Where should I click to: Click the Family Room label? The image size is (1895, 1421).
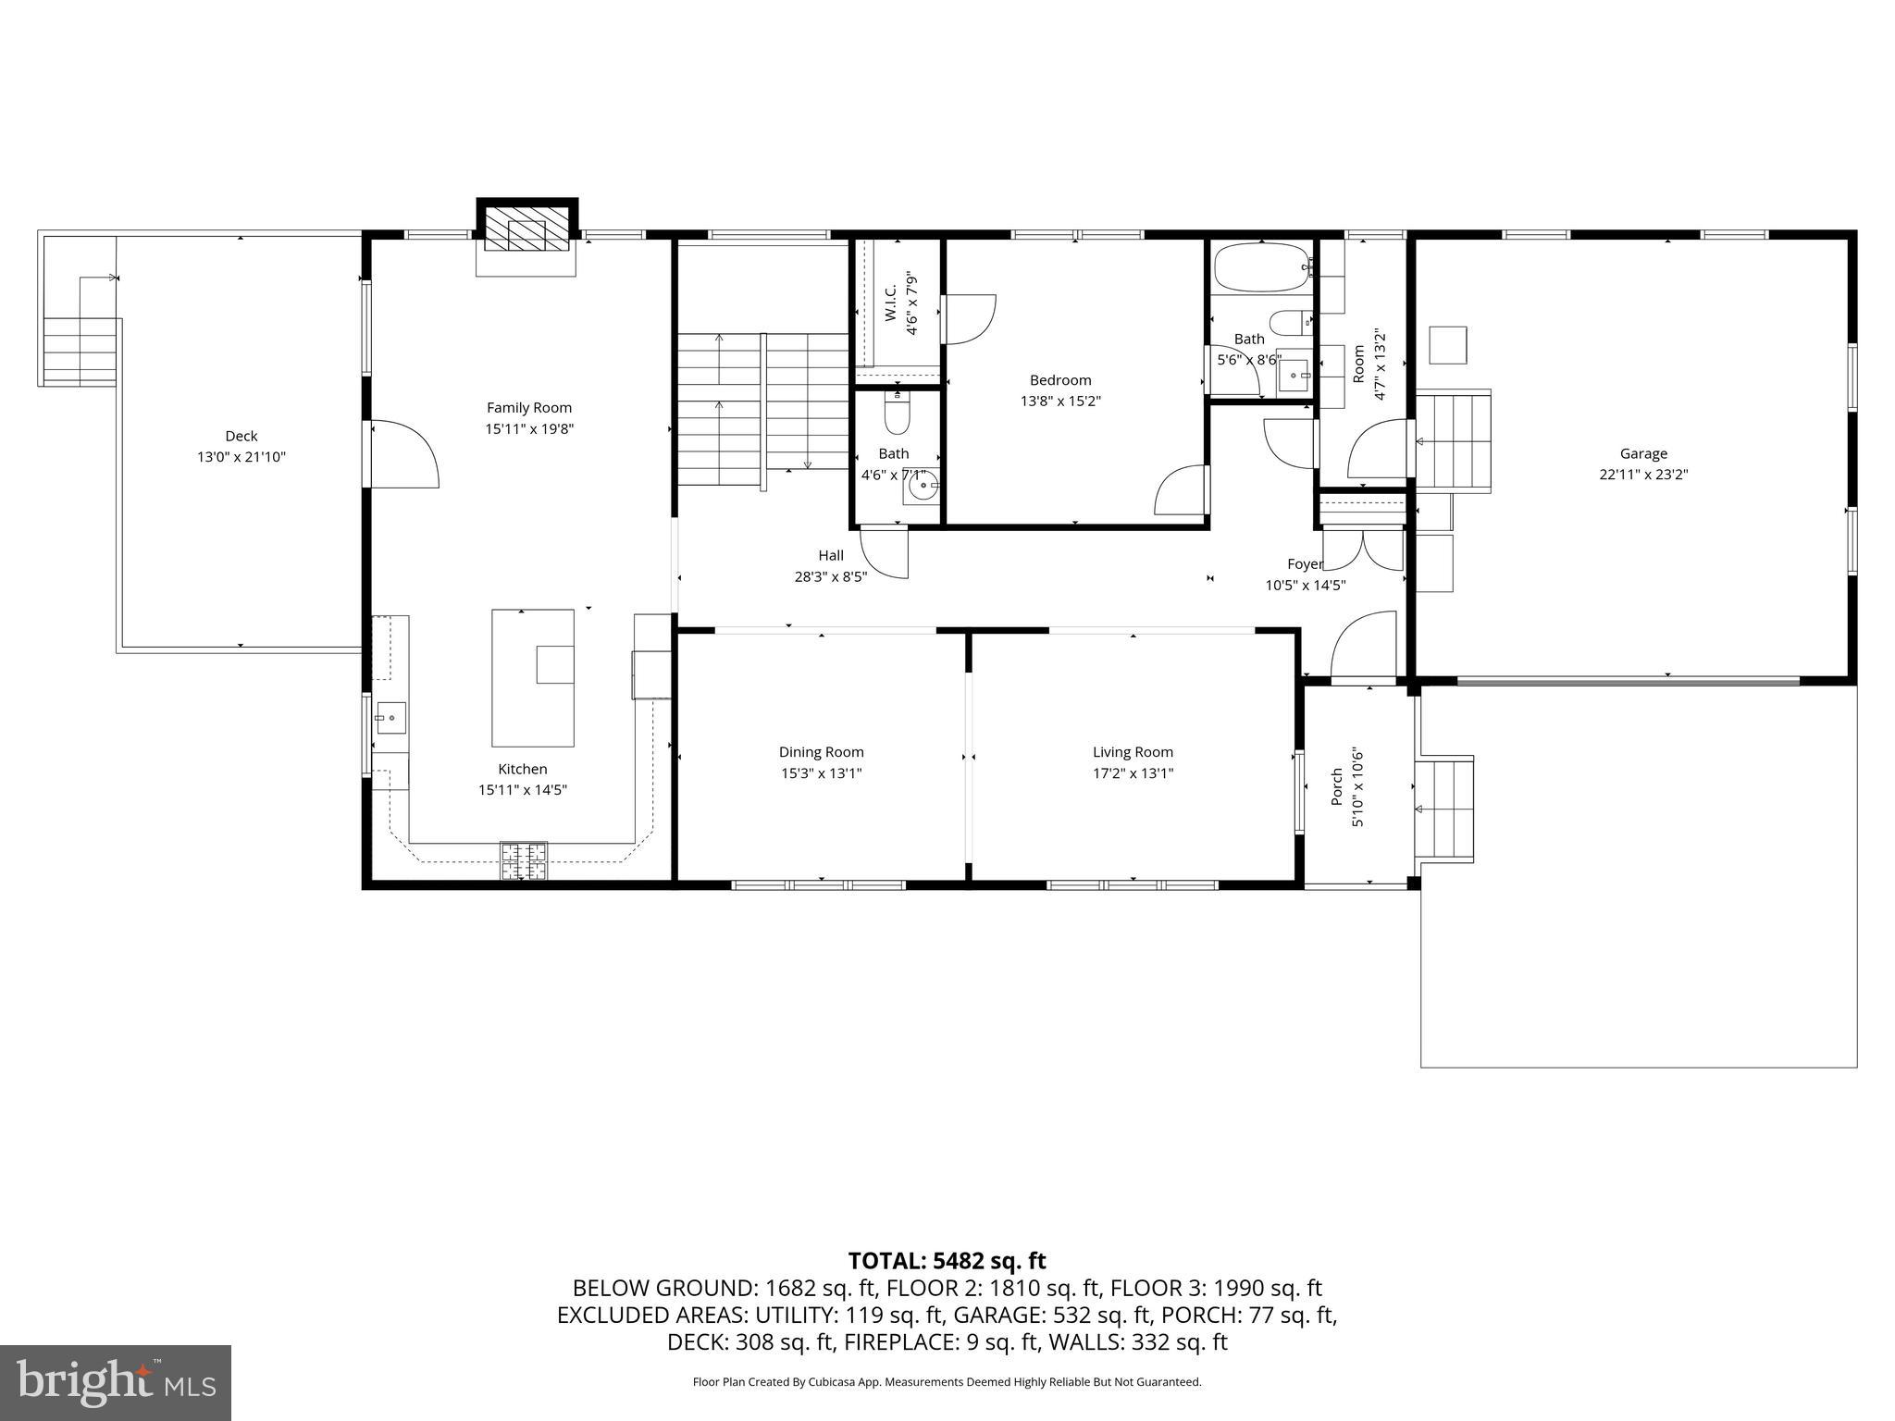pos(529,407)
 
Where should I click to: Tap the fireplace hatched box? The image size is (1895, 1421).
pos(526,228)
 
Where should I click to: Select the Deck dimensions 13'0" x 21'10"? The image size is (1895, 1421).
pos(242,457)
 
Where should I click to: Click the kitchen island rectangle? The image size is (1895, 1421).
pos(532,677)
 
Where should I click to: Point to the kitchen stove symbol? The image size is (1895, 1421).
pos(524,859)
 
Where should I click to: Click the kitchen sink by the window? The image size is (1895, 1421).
pos(390,717)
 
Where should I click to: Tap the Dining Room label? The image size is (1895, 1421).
pos(821,752)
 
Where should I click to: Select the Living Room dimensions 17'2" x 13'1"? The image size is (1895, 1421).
pos(1133,773)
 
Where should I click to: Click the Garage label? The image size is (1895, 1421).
pos(1643,453)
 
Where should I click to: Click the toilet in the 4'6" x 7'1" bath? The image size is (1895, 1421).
pos(897,415)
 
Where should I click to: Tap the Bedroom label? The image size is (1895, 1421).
pos(1060,380)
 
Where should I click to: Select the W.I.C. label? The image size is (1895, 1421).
pos(890,303)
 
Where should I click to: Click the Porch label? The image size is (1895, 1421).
pos(1337,785)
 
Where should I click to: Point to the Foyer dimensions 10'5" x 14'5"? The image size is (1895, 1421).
pos(1305,585)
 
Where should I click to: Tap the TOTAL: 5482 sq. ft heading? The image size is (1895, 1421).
pos(947,1260)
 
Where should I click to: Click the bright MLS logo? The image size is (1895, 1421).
pos(116,1382)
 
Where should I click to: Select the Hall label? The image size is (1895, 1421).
pos(831,555)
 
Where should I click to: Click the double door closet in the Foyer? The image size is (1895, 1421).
pos(1363,549)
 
